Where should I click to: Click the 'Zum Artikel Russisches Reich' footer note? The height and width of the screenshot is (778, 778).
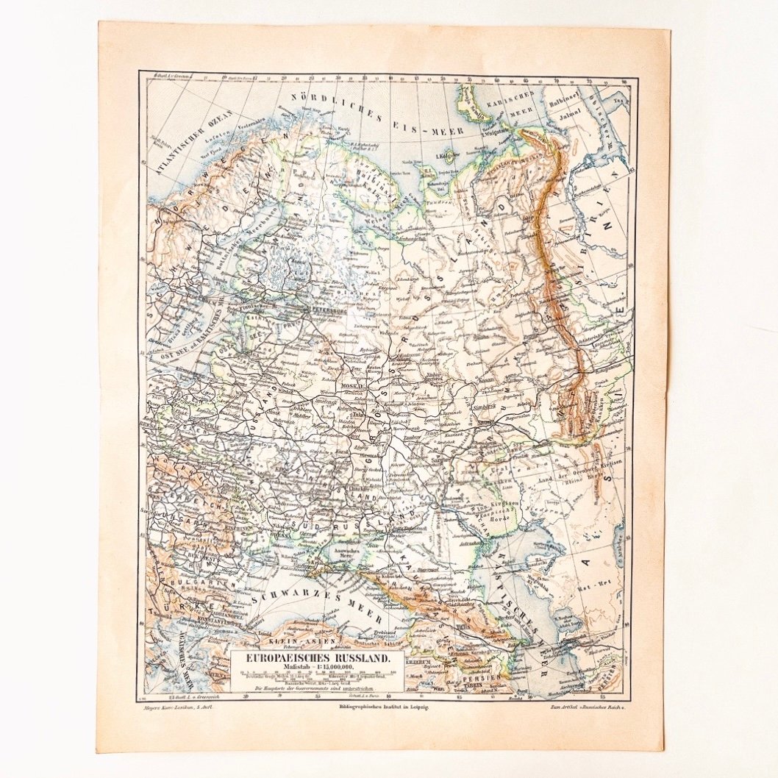(x=585, y=706)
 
